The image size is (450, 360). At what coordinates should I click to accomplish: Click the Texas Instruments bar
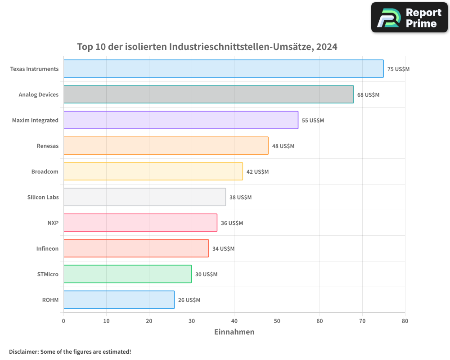[x=223, y=69]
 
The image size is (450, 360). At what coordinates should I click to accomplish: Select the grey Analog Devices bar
[x=208, y=94]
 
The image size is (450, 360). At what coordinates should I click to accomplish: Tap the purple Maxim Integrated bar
[x=180, y=120]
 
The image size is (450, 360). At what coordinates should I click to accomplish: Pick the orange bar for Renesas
[x=166, y=146]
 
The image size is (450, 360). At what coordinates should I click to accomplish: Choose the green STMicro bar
[x=127, y=274]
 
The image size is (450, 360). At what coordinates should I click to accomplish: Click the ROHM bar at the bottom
[x=119, y=300]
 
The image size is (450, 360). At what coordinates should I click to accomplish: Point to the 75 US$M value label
[x=398, y=69]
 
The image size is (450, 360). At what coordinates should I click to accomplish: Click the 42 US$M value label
[x=257, y=172]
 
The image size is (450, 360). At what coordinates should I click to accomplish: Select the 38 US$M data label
[x=240, y=198]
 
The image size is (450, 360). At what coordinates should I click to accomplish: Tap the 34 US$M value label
[x=223, y=249]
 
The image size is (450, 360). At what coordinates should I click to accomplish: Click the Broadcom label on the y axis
[x=45, y=171]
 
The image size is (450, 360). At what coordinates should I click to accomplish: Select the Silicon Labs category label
[x=43, y=197]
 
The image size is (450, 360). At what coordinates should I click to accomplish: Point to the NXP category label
[x=53, y=223]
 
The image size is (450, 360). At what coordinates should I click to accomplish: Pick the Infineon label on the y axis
[x=47, y=248]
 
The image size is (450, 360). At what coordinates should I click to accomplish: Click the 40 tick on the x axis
[x=234, y=321]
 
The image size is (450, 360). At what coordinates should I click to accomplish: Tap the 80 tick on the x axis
[x=405, y=321]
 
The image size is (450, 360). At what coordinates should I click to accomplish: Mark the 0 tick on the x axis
[x=63, y=321]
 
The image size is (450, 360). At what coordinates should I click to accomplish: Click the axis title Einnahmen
[x=234, y=332]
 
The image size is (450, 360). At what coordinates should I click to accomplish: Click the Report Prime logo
[x=409, y=18]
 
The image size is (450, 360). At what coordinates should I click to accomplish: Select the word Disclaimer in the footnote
[x=23, y=351]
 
